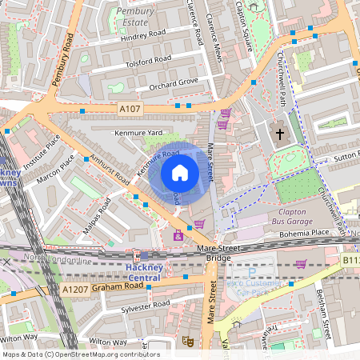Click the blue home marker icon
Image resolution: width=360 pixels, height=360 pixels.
(x=180, y=172)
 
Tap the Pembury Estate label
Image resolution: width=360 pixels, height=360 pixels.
(x=135, y=17)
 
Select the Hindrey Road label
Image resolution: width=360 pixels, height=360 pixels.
(x=142, y=36)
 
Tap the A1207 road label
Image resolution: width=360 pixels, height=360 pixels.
(x=74, y=289)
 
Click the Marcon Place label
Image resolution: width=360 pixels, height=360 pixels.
(x=57, y=170)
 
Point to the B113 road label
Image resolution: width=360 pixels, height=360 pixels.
(x=350, y=261)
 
